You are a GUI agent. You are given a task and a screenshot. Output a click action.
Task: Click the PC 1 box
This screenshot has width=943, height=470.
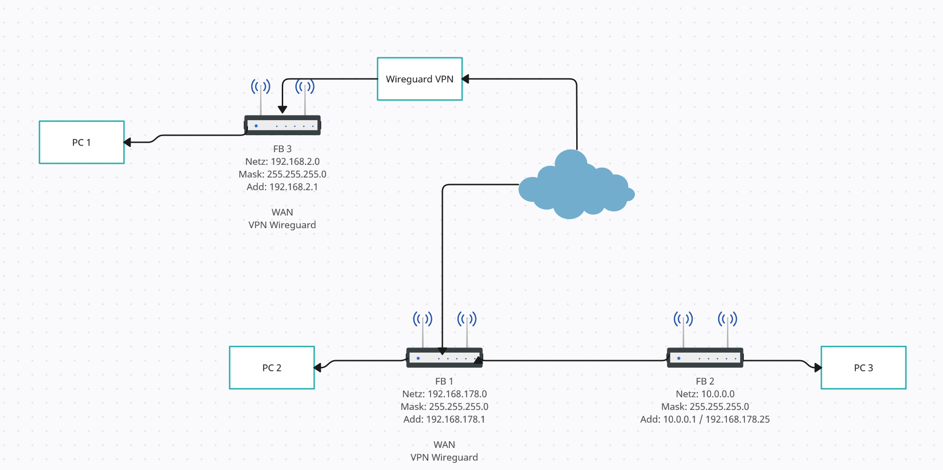coord(82,142)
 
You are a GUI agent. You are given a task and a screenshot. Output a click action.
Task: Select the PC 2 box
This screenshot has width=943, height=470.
coord(272,368)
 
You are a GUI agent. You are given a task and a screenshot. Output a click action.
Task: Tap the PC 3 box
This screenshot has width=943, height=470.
coord(863,368)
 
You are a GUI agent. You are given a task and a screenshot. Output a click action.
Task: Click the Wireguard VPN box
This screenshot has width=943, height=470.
coord(420,79)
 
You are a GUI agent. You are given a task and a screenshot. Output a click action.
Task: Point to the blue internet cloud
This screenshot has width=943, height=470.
coord(575,188)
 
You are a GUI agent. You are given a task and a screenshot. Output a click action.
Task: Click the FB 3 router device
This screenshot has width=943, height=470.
coord(282,125)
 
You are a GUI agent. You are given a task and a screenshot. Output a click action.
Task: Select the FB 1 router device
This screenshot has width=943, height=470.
coord(444,357)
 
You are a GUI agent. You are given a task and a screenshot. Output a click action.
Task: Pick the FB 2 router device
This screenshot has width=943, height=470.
coord(705,357)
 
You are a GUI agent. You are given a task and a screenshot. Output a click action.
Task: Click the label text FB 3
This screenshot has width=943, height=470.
coord(282,149)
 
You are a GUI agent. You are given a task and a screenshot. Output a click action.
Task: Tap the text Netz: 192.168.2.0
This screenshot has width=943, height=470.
coord(282,162)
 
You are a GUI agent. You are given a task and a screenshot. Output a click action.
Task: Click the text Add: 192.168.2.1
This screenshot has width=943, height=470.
coord(282,187)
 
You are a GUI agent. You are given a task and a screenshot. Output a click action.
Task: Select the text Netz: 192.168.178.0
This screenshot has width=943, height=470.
coord(444,394)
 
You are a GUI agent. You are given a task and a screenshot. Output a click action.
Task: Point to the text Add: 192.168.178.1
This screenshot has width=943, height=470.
coord(444,419)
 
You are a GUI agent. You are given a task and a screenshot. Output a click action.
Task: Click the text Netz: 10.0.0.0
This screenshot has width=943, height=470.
coord(705,394)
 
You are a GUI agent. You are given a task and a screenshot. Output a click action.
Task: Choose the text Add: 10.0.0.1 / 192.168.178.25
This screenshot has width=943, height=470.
coord(705,419)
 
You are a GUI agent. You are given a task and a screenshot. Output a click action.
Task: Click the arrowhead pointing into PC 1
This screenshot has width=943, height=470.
coord(127,142)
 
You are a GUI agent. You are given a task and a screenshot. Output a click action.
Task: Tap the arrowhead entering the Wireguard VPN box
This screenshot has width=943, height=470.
coord(465,79)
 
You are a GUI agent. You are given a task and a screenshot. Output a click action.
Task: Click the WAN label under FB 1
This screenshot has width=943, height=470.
coord(444,445)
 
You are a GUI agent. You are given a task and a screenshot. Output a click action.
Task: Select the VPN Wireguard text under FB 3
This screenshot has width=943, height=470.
coord(282,225)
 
